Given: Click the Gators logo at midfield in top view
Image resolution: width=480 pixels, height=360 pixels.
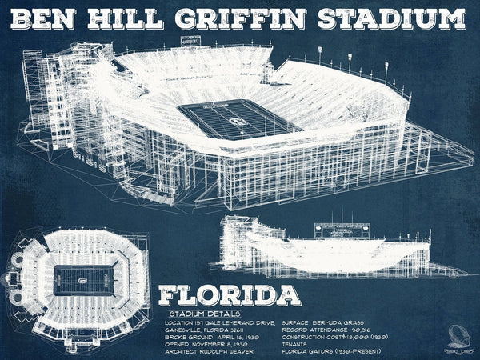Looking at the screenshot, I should click(83, 281).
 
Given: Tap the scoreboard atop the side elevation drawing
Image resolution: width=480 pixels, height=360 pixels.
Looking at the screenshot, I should click(342, 230).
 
